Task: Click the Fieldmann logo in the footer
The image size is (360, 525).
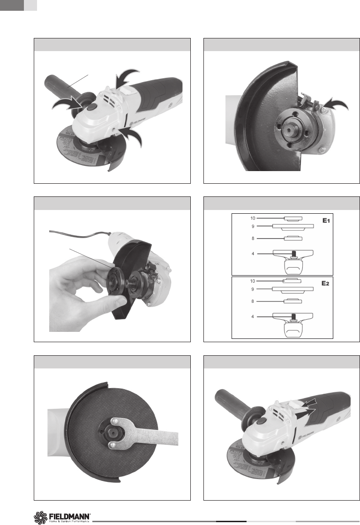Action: click(x=63, y=517)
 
